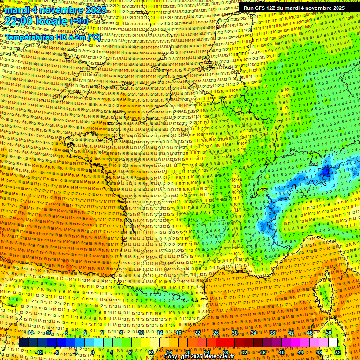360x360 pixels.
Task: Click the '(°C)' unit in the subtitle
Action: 93,37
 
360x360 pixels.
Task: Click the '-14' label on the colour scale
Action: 30,333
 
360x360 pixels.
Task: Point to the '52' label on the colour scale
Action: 338,352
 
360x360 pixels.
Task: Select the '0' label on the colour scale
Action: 93,352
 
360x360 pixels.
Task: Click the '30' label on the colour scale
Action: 235,333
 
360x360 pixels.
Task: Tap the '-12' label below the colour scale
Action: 39,352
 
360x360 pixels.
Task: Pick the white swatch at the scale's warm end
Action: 333,343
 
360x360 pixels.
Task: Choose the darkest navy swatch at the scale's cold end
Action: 23,343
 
